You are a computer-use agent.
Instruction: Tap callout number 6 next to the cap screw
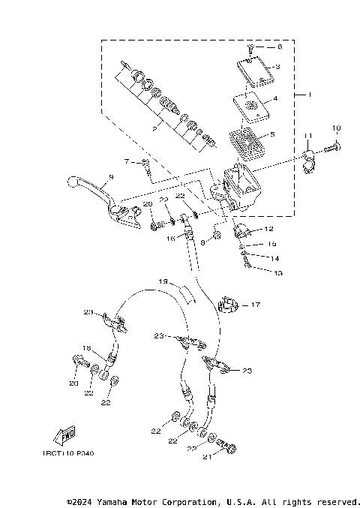point(280,47)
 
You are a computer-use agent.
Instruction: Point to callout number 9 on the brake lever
point(109,177)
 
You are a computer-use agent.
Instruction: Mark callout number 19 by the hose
point(162,283)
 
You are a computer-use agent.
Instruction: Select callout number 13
point(278,273)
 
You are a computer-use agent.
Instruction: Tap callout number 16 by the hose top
point(171,239)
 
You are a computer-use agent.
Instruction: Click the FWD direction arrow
point(63,436)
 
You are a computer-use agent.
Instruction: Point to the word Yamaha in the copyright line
point(123,501)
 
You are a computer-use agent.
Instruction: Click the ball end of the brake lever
point(73,182)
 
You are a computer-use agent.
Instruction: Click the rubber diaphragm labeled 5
point(246,140)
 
